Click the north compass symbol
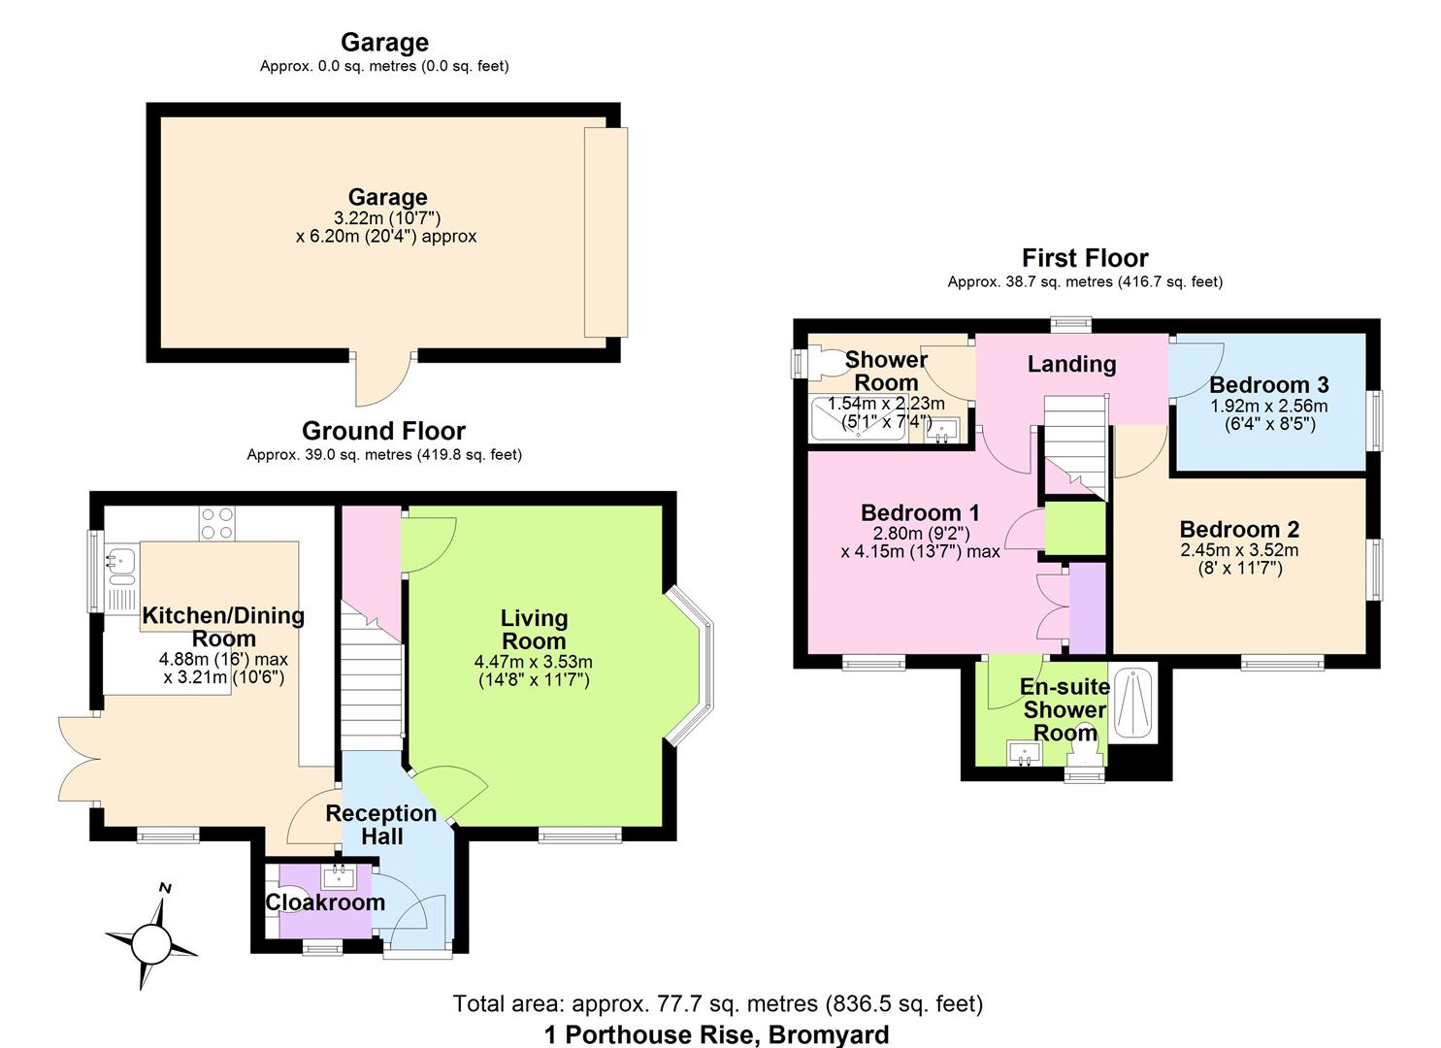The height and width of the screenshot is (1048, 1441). pyautogui.click(x=150, y=939)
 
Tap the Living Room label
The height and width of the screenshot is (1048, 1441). pyautogui.click(x=534, y=630)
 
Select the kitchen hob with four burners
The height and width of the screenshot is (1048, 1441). pyautogui.click(x=216, y=524)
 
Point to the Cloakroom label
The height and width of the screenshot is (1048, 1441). pyautogui.click(x=325, y=902)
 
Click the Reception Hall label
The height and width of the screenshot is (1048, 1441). pyautogui.click(x=381, y=825)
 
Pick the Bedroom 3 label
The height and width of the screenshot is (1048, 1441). pyautogui.click(x=1268, y=385)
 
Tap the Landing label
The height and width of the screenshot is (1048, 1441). pyautogui.click(x=1071, y=364)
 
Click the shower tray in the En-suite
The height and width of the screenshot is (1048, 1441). pyautogui.click(x=1132, y=704)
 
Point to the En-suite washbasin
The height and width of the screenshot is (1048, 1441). pyautogui.click(x=1021, y=752)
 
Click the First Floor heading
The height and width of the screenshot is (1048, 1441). pyautogui.click(x=1085, y=258)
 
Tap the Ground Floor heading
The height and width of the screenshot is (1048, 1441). pyautogui.click(x=383, y=431)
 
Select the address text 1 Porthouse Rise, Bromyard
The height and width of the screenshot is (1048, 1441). pyautogui.click(x=716, y=1034)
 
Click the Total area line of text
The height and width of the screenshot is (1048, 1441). pyautogui.click(x=717, y=1003)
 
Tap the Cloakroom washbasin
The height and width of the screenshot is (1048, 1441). pyautogui.click(x=340, y=876)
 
